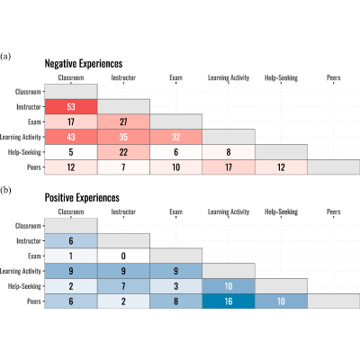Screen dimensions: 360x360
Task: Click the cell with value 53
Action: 71,107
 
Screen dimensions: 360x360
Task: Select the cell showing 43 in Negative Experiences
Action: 71,137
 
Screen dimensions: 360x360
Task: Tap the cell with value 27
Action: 123,121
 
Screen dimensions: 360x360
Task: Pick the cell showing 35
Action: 123,137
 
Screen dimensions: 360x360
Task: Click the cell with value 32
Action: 176,137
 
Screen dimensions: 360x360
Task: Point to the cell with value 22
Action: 123,152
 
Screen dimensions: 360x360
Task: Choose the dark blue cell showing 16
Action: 229,301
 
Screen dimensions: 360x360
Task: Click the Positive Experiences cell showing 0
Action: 123,256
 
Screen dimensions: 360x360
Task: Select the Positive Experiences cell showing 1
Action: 71,256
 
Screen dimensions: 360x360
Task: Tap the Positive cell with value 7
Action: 123,286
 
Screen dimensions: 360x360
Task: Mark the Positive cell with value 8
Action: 176,301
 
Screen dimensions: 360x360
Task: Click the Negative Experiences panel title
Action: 84,64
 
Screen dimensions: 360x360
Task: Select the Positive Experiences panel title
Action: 82,198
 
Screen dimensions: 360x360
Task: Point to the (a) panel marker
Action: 5,56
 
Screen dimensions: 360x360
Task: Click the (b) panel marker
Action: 5,190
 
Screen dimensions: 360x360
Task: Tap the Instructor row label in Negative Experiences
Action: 29,107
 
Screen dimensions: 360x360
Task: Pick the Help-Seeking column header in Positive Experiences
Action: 281,211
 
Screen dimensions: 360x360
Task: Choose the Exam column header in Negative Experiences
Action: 176,77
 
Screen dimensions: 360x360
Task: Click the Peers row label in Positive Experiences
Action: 34,301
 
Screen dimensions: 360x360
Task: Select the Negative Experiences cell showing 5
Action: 71,152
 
